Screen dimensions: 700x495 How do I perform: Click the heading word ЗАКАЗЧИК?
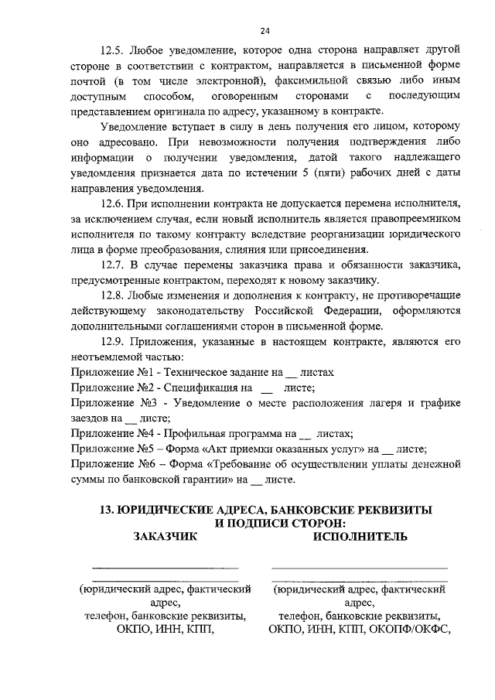[166, 536]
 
